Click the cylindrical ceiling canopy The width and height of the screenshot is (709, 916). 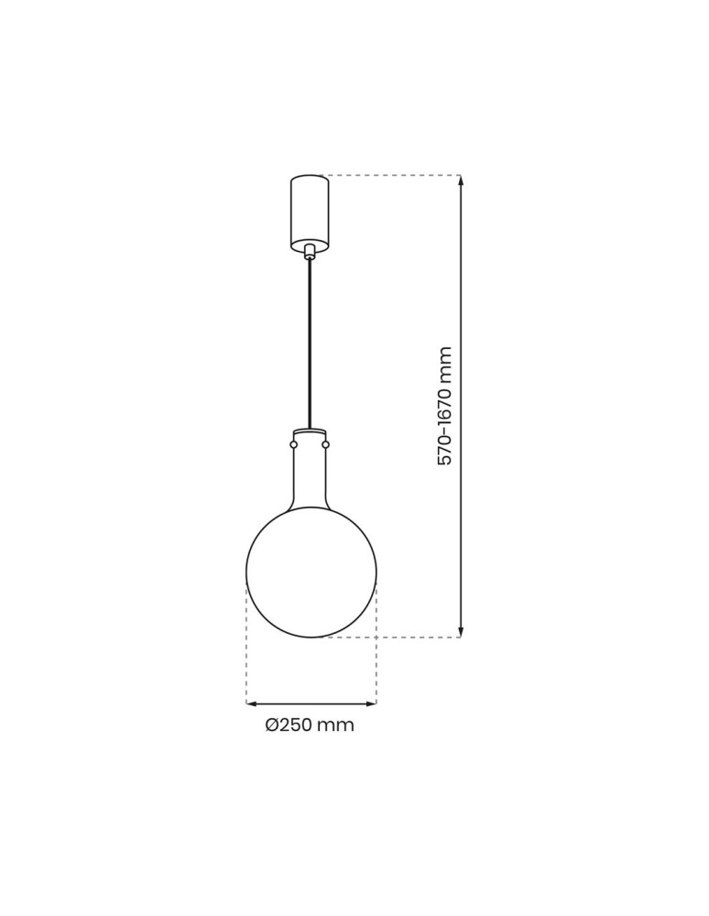(310, 211)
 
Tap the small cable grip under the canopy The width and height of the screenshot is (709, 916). (311, 251)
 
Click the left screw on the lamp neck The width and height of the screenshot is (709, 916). (293, 445)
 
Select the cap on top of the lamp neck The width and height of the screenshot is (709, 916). (311, 431)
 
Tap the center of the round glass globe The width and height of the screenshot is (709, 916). (311, 572)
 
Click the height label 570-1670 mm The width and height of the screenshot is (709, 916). (445, 406)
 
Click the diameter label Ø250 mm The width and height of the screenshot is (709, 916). (310, 725)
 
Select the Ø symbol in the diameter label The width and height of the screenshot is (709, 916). (272, 725)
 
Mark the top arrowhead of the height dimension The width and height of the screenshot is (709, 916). (461, 180)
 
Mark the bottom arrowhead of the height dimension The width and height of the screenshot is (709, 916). (461, 632)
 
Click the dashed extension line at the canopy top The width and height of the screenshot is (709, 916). (394, 175)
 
